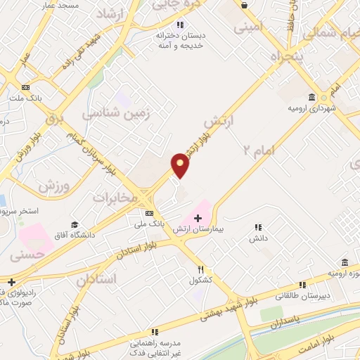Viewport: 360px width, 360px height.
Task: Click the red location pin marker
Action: [x=180, y=165]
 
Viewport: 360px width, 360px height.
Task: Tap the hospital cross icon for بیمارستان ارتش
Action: [x=197, y=219]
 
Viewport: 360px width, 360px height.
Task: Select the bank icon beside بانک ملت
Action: [x=26, y=86]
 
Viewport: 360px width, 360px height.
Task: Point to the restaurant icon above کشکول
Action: [x=200, y=269]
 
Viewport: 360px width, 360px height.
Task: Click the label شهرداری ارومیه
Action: [x=310, y=108]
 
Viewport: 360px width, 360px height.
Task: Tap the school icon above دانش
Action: [x=258, y=228]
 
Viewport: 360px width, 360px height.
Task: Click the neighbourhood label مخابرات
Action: [x=114, y=198]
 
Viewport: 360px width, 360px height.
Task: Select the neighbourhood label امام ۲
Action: [x=257, y=149]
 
